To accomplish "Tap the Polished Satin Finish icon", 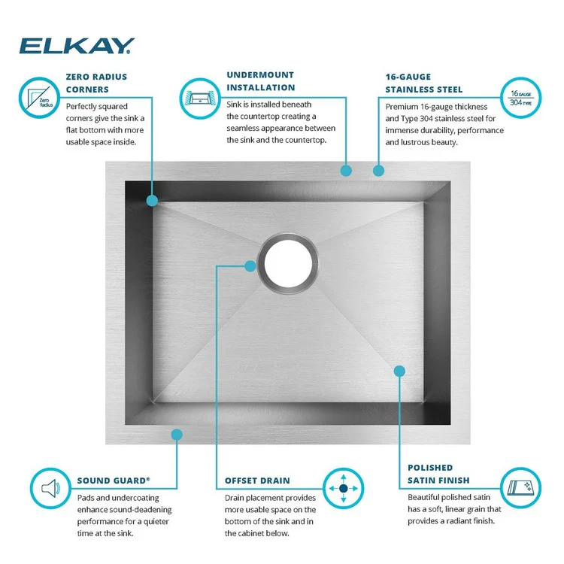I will coord(520,490).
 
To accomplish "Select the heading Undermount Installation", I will coord(261,81).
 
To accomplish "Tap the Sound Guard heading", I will coord(114,480).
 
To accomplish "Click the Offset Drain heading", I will coord(257,480).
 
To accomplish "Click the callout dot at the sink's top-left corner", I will coord(152,201).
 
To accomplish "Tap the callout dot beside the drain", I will coord(250,265).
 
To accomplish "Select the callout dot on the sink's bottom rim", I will coord(177,434).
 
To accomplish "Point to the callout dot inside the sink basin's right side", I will coord(399,370).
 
